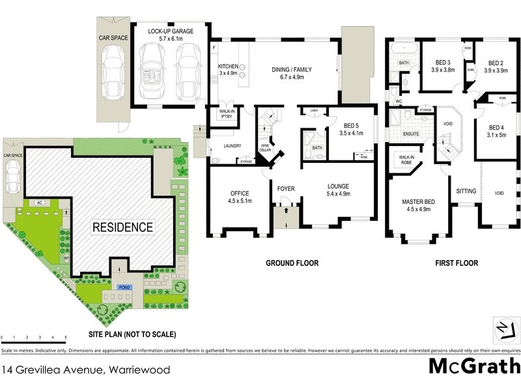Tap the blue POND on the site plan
[x=122, y=286]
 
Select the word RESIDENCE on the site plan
[x=122, y=227]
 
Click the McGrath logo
[x=474, y=366]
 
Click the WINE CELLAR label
[x=266, y=147]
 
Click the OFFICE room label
[x=239, y=194]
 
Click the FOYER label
[x=286, y=189]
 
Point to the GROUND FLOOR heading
[x=292, y=263]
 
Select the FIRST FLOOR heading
[x=456, y=263]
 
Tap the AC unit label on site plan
[x=39, y=203]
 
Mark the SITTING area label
[x=466, y=191]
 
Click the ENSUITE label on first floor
[x=411, y=134]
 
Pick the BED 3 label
[x=445, y=63]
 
